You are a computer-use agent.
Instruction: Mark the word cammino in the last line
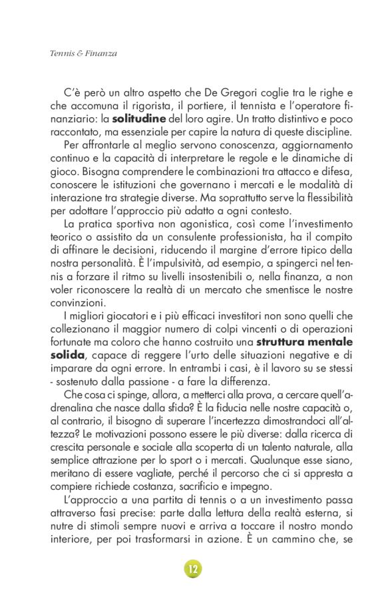click(287, 538)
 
